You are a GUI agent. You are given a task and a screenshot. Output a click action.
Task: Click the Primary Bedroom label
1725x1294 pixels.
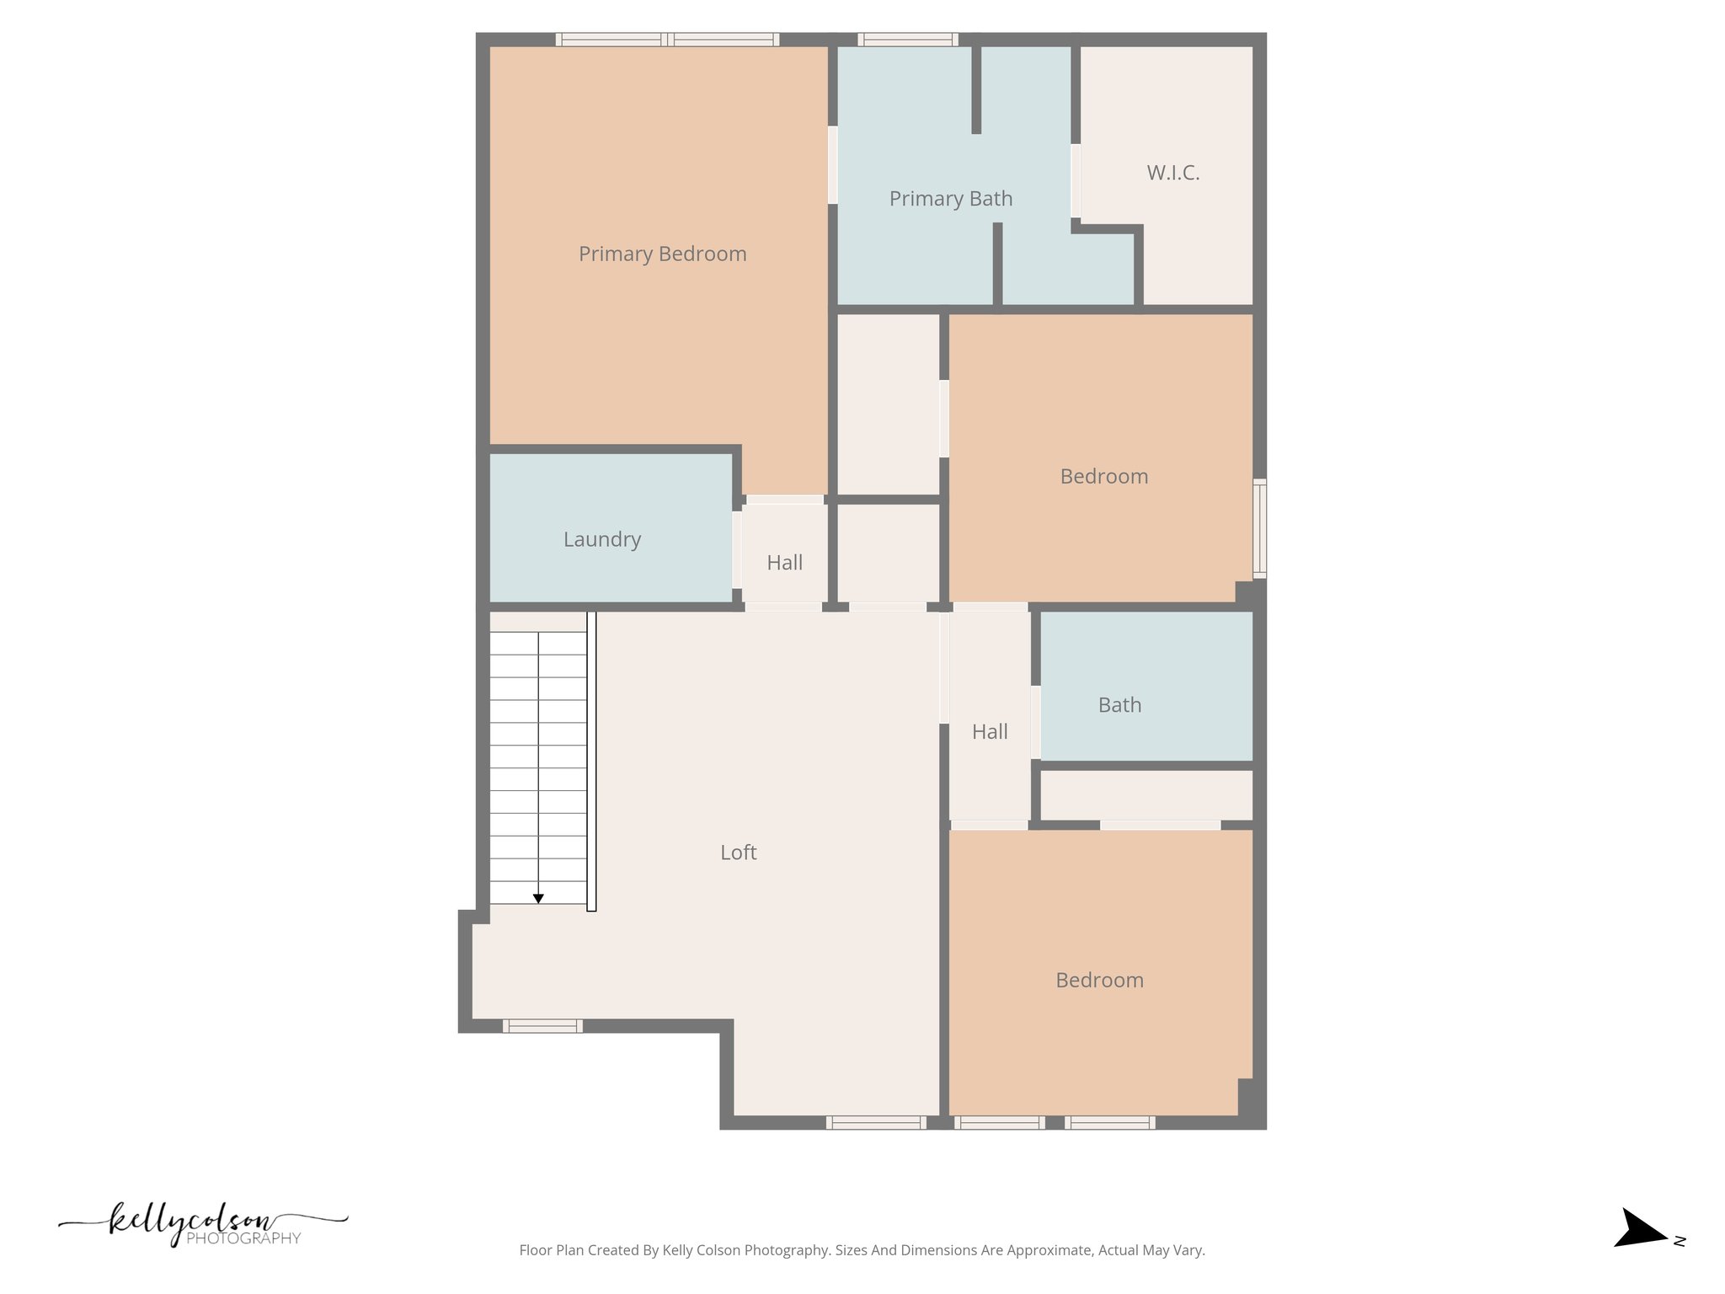[662, 254]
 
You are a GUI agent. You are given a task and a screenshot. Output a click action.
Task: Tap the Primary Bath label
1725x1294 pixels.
[950, 199]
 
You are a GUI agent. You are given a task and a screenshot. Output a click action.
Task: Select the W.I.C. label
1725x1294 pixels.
[1172, 173]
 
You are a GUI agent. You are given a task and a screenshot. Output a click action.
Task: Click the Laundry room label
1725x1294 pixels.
[601, 539]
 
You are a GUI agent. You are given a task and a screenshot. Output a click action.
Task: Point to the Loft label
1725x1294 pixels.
[738, 853]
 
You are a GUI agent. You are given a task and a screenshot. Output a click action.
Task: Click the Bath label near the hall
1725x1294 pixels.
[1119, 705]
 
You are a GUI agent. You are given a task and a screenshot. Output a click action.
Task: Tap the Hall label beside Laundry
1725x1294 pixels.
[784, 563]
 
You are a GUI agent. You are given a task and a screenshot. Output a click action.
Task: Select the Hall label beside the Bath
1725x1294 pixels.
[990, 732]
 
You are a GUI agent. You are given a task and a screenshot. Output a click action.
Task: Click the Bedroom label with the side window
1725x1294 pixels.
[1103, 477]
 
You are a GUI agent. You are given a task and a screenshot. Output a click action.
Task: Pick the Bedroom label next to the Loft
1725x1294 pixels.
[1099, 981]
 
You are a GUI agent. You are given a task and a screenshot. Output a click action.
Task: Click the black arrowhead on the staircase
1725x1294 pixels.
[538, 899]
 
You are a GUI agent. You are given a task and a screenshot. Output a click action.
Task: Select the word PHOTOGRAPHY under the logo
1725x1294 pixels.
[243, 1238]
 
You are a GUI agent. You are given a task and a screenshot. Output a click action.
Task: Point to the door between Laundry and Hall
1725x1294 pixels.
[737, 549]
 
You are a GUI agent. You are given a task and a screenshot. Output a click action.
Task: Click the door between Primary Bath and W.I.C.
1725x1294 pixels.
[1076, 181]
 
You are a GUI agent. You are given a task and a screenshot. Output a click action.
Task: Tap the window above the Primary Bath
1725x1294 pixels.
[907, 39]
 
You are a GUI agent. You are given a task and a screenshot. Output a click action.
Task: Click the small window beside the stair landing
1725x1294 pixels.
[542, 1026]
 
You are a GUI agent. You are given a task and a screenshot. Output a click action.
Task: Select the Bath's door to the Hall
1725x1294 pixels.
[1036, 722]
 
